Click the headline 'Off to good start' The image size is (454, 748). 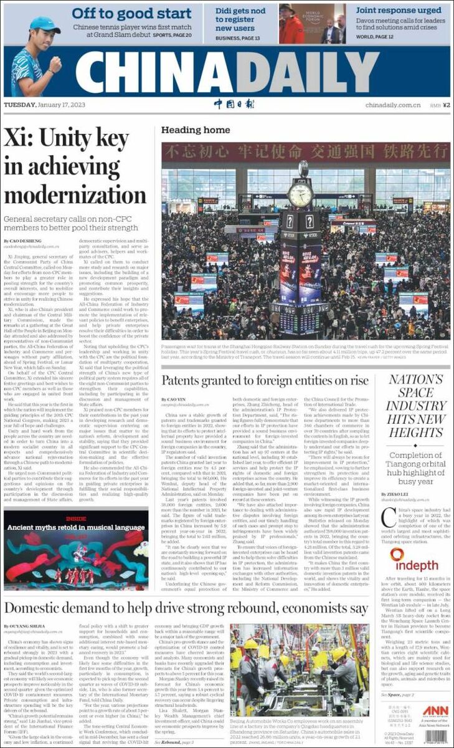(131, 13)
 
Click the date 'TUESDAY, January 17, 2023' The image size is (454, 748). (44, 105)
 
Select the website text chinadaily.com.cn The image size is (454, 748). (392, 105)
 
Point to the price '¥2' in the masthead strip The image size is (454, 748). (446, 105)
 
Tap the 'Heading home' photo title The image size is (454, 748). (195, 130)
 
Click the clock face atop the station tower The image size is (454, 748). (300, 194)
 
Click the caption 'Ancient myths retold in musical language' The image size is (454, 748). (75, 527)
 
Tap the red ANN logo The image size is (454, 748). (435, 711)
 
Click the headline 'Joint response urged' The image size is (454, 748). (399, 11)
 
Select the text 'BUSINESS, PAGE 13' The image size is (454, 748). (237, 38)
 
